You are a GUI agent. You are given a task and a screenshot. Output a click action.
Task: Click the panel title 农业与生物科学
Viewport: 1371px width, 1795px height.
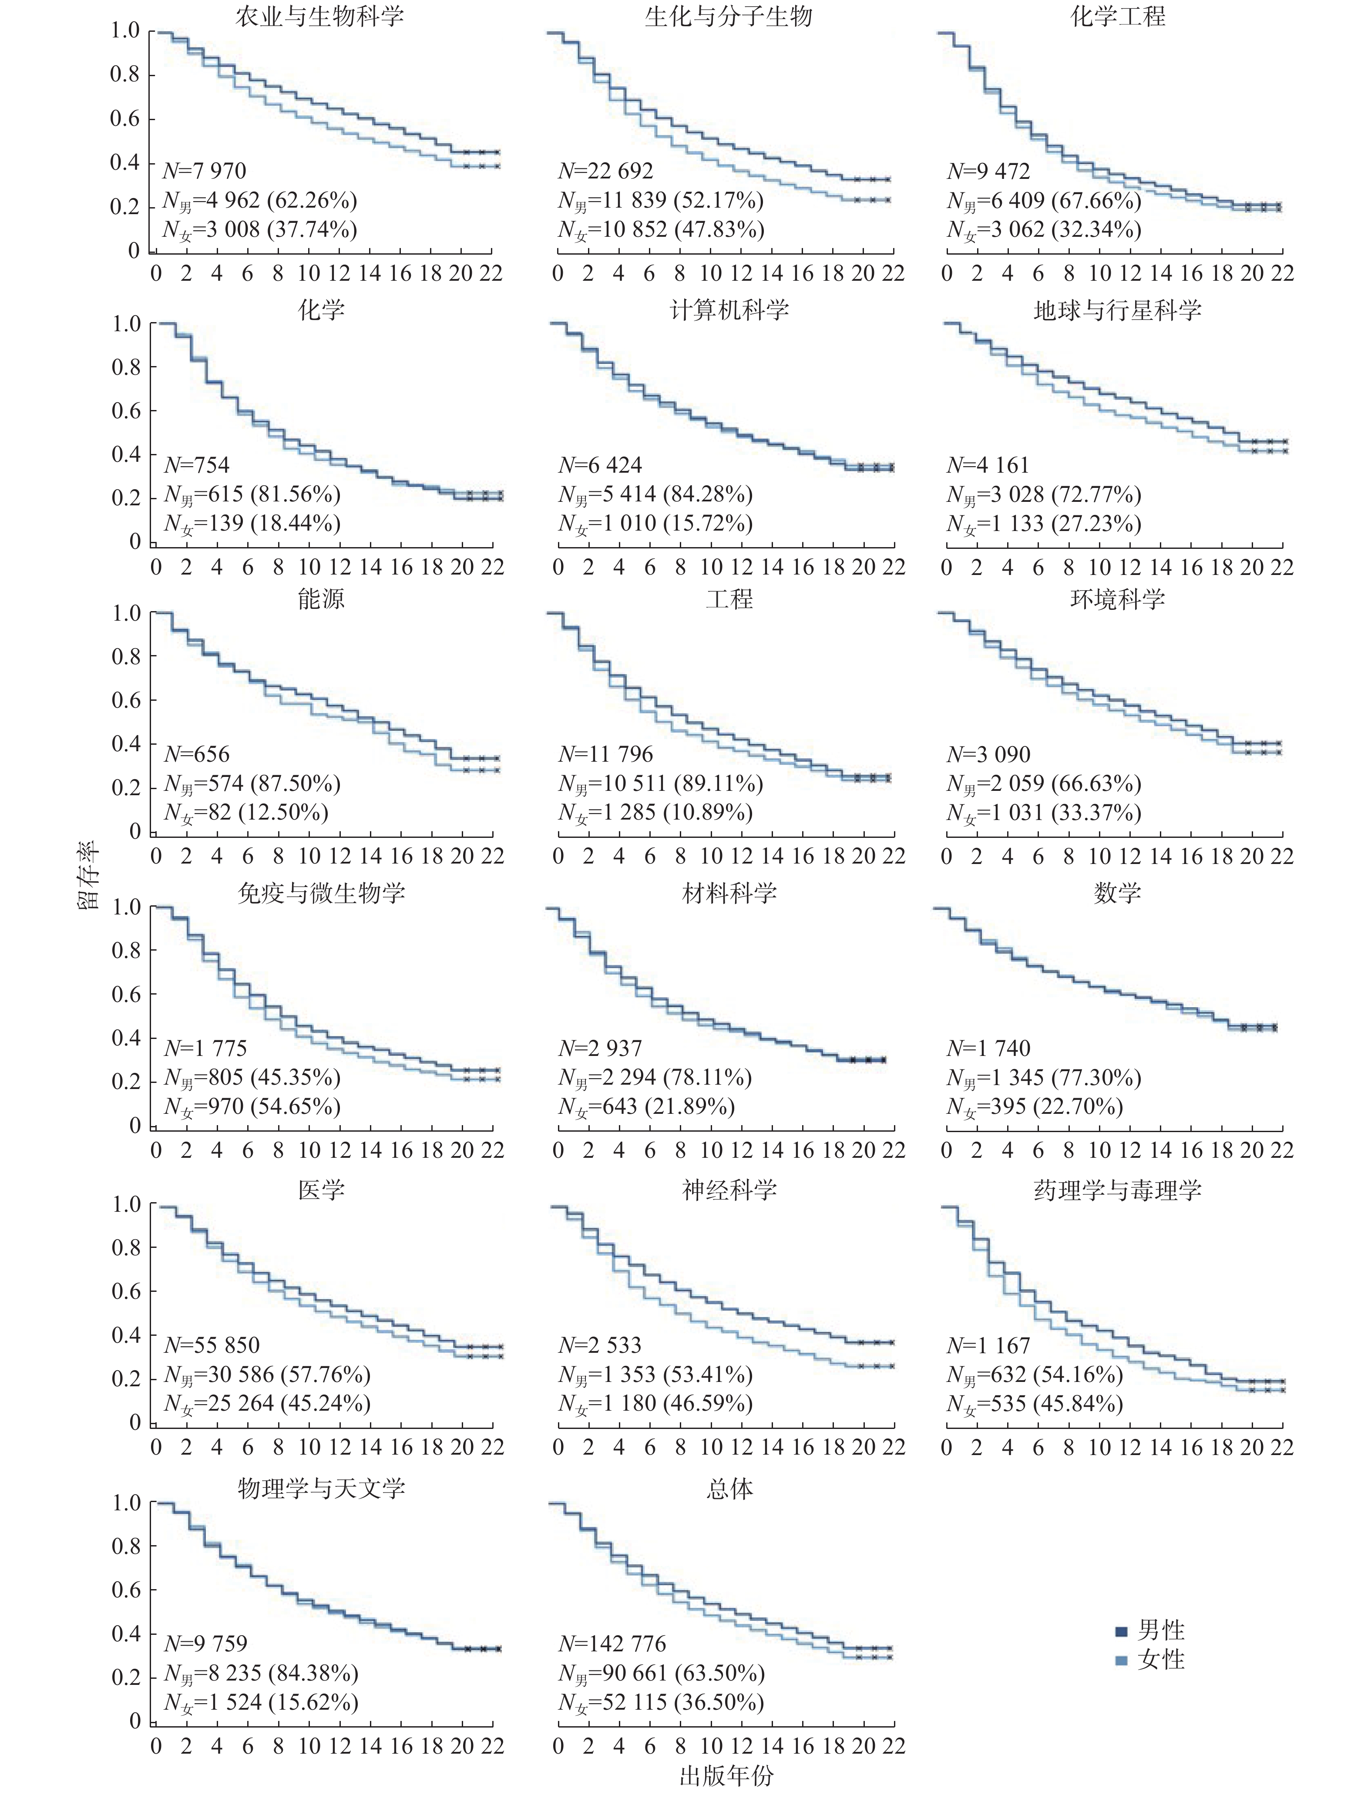pos(320,16)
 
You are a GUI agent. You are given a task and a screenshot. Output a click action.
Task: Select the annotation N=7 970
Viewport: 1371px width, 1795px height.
pos(204,171)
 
